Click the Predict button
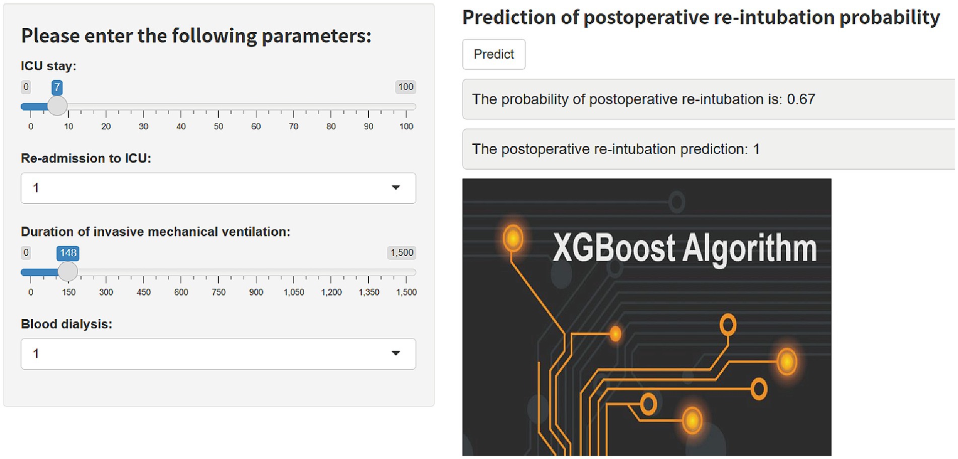(494, 54)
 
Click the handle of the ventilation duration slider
(67, 272)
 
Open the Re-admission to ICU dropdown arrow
(396, 188)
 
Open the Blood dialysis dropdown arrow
(396, 353)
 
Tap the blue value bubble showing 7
(57, 87)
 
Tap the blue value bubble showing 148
(68, 253)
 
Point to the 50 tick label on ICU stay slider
(219, 127)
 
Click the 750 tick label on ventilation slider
(219, 292)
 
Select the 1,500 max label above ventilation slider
(402, 253)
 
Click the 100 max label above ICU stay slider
(405, 87)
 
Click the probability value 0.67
(801, 99)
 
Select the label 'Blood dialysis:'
(66, 324)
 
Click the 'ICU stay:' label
(48, 66)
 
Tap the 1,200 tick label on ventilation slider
(331, 292)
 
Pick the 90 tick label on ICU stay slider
(369, 127)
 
